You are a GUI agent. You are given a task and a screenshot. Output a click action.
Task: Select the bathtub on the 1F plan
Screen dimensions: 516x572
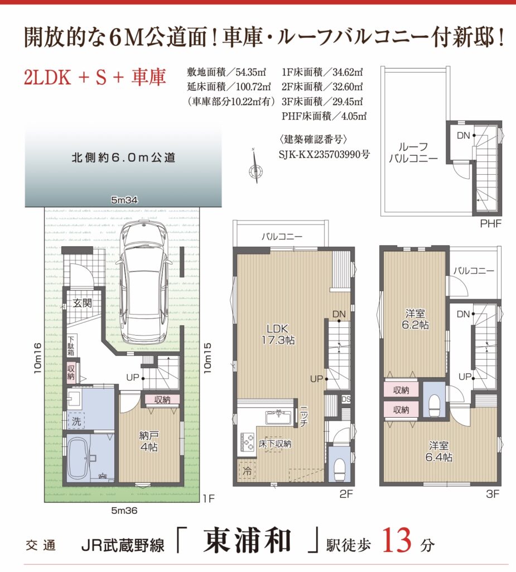(x=78, y=458)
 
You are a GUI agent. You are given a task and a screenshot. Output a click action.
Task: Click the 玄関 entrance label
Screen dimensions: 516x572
(x=82, y=303)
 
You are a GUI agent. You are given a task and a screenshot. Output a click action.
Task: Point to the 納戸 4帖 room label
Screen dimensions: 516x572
(x=149, y=441)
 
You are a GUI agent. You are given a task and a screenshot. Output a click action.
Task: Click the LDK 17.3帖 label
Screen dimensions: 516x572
(x=278, y=334)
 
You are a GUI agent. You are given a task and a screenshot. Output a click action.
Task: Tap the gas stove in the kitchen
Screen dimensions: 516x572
(x=247, y=441)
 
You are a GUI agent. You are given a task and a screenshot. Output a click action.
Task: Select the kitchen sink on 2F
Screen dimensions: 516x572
(x=278, y=417)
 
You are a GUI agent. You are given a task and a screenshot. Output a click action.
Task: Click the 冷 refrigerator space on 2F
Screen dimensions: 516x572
(x=247, y=470)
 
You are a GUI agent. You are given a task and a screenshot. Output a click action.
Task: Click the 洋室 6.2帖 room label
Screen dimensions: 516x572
(x=415, y=319)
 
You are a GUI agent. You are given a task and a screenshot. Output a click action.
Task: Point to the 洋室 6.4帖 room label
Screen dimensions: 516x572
(x=439, y=451)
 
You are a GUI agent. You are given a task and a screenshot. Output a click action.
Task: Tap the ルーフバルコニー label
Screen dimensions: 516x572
(x=413, y=152)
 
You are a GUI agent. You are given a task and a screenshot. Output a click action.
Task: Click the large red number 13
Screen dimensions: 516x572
(x=397, y=540)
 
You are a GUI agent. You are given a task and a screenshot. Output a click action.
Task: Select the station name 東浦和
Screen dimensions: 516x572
(x=247, y=540)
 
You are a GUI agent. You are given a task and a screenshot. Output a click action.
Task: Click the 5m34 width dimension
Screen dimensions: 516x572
(x=124, y=200)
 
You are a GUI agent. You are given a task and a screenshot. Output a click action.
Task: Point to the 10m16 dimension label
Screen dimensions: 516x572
(x=37, y=358)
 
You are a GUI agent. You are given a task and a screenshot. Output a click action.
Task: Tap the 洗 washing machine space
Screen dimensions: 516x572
(x=76, y=421)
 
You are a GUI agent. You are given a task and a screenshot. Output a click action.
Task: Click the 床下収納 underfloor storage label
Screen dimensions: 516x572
(x=275, y=444)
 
